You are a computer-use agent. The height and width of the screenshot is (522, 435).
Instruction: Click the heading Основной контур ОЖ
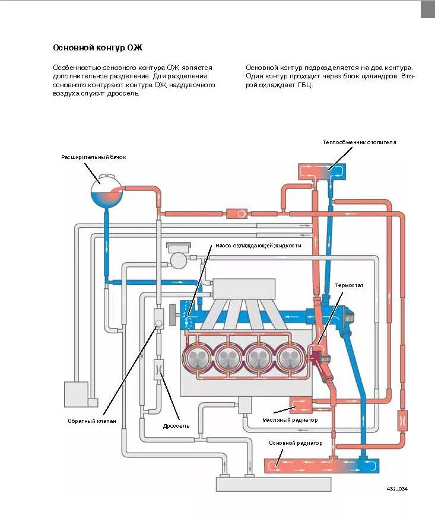tap(98, 47)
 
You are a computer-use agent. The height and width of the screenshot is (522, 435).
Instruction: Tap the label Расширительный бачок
tap(94, 157)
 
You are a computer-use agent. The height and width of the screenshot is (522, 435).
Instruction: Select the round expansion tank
tap(107, 190)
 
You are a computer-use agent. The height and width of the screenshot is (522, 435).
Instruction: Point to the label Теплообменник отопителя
tap(359, 142)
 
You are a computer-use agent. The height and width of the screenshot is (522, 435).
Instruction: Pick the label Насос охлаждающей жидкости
tap(258, 245)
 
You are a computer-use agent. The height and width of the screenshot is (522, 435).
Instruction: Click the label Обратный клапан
tap(92, 421)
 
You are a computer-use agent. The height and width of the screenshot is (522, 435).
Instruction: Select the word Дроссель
tap(176, 425)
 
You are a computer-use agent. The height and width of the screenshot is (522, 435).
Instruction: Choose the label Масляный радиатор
tap(290, 420)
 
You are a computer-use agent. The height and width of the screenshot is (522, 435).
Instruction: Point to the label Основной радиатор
tap(295, 443)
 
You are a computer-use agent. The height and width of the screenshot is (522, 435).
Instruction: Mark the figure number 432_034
tap(397, 488)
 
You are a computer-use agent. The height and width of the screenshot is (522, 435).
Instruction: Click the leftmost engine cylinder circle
tap(196, 358)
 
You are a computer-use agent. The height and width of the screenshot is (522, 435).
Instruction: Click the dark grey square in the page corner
tap(428, 9)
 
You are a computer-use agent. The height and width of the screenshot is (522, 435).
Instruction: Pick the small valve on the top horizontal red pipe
tap(241, 213)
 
